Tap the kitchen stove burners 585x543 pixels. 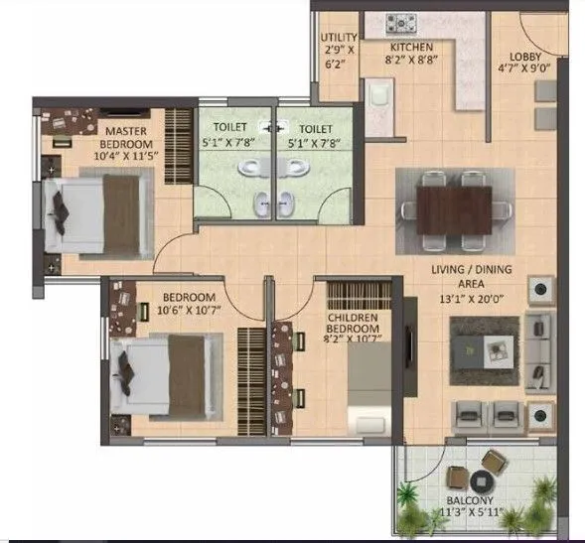point(402,22)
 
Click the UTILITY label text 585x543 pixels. point(337,39)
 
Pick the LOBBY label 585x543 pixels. point(525,57)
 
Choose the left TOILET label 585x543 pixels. point(230,128)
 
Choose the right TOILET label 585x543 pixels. point(315,128)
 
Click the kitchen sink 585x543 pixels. point(378,97)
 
